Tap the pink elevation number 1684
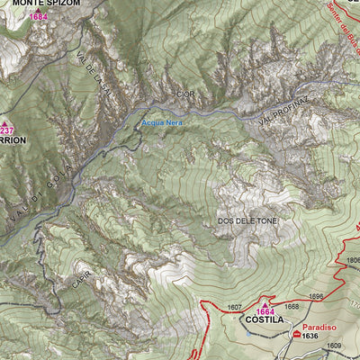[38, 16]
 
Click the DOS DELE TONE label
[247, 220]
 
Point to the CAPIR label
[77, 281]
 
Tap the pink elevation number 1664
[265, 310]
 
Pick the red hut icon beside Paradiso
[296, 334]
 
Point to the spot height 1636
[310, 336]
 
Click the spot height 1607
[234, 308]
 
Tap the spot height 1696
[315, 296]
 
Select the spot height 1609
[333, 346]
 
